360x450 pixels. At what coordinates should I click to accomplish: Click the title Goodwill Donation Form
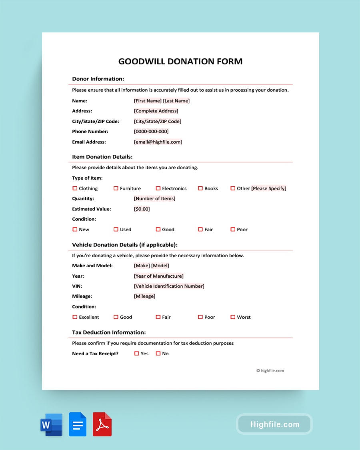point(180,62)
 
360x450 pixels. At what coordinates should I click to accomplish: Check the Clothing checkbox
point(75,188)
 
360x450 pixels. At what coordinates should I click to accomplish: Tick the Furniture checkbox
point(116,188)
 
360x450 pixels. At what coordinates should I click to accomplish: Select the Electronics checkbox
point(158,188)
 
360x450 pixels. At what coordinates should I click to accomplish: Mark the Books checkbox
point(200,188)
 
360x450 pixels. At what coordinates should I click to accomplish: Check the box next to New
point(75,230)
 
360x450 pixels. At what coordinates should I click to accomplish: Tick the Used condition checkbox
point(116,230)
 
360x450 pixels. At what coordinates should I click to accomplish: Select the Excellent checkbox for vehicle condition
point(75,317)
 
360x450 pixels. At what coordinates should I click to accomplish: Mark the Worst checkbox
point(233,317)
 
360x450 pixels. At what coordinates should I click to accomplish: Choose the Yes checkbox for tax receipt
point(137,354)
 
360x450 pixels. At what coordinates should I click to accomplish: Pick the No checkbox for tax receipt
point(158,354)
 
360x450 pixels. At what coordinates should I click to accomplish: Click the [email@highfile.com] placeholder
point(158,142)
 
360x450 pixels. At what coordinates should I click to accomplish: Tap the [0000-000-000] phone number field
point(151,132)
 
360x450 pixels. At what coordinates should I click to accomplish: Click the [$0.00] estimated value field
point(142,209)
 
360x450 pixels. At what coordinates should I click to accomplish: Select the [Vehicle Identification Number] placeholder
point(169,286)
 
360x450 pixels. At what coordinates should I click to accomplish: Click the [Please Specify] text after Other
point(269,188)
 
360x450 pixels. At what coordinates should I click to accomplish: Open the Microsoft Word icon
point(51,424)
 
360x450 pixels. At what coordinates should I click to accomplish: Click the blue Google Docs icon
point(78,424)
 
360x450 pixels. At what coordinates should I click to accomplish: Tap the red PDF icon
point(102,424)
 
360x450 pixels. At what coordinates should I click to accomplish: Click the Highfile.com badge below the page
point(274,424)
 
